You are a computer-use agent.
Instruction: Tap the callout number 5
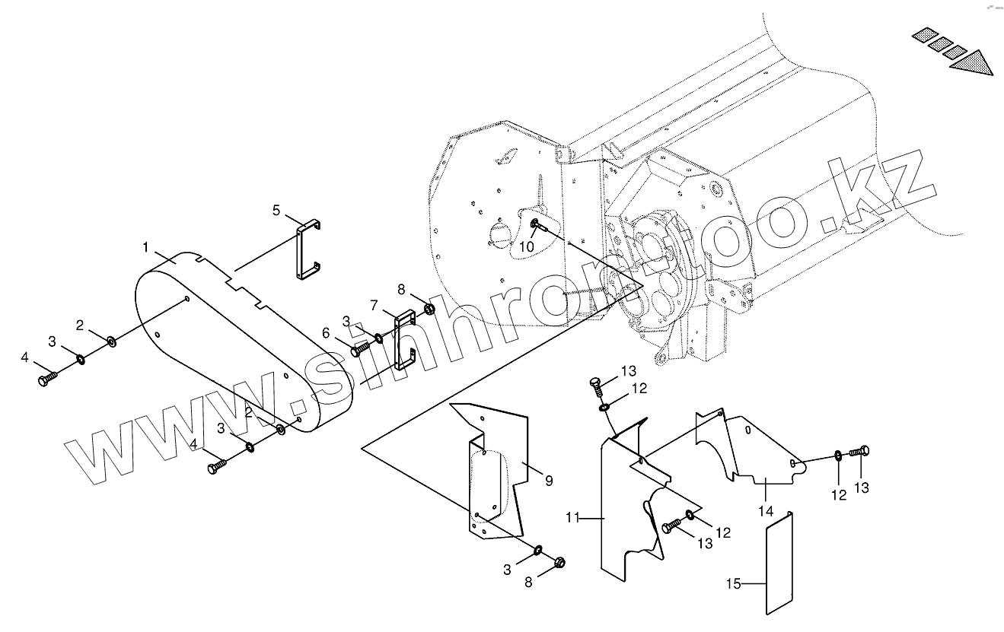point(277,211)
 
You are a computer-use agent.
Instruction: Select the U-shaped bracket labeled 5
point(308,252)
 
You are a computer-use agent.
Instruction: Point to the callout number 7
point(375,305)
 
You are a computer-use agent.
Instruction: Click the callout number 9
point(548,481)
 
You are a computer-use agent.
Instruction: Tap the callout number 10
point(527,247)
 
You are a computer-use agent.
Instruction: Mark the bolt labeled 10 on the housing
point(537,224)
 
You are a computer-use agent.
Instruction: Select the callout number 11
point(573,518)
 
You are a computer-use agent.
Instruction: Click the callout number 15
point(733,584)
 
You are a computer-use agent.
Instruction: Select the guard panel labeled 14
point(754,449)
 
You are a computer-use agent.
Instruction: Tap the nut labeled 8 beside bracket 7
point(429,310)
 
